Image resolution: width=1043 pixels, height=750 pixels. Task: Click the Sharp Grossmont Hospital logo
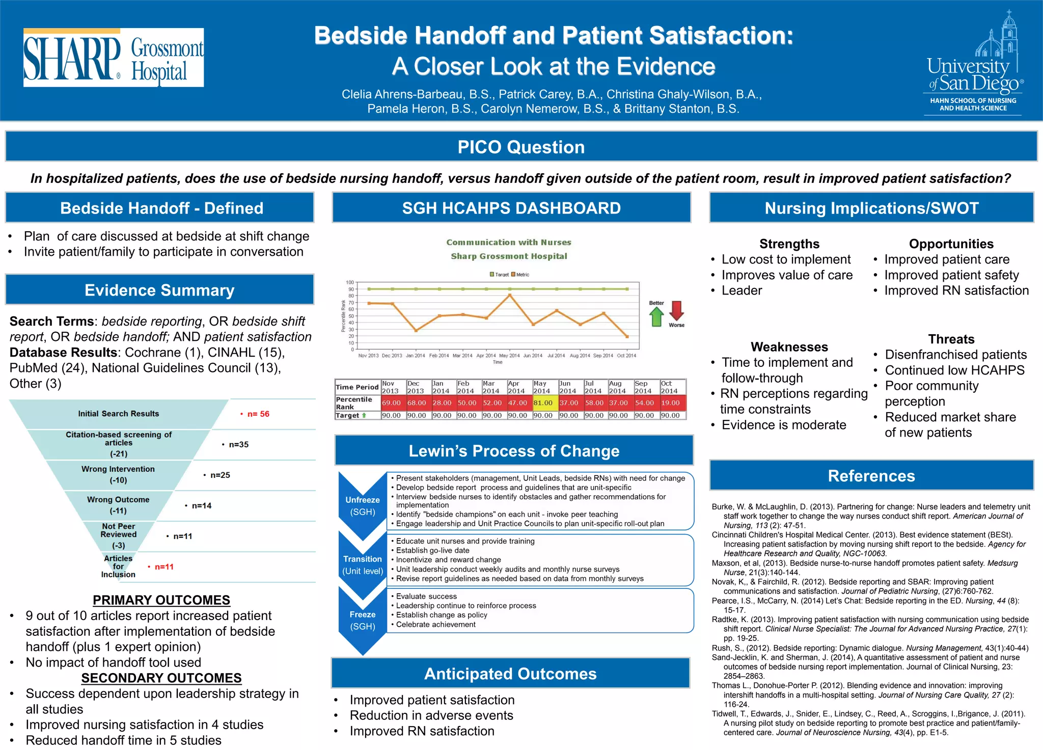click(x=113, y=58)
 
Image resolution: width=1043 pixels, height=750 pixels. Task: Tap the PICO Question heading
click(x=521, y=147)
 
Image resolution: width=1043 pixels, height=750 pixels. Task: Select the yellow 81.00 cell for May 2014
click(x=543, y=403)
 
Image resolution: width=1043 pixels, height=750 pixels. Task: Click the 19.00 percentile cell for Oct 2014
click(x=671, y=403)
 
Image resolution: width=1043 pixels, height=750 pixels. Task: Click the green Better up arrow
click(x=656, y=316)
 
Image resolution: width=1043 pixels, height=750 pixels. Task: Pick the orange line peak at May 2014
click(x=510, y=295)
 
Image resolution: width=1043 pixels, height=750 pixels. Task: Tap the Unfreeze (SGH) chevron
click(x=363, y=505)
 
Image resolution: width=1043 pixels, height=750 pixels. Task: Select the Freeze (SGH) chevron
click(x=363, y=621)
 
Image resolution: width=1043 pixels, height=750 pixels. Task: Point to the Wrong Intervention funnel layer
click(x=118, y=474)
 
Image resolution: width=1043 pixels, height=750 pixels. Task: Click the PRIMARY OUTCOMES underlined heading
click(x=161, y=600)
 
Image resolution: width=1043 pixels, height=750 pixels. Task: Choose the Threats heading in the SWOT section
click(x=951, y=339)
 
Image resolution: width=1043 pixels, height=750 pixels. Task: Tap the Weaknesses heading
click(x=789, y=347)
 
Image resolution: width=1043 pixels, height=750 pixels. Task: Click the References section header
click(x=871, y=476)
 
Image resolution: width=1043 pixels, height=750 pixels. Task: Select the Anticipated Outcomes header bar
click(x=510, y=674)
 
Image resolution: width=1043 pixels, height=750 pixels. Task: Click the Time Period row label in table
click(x=357, y=387)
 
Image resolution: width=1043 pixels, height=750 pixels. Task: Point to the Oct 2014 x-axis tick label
click(x=626, y=356)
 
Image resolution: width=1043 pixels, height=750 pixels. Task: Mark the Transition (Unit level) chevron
click(x=363, y=565)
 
